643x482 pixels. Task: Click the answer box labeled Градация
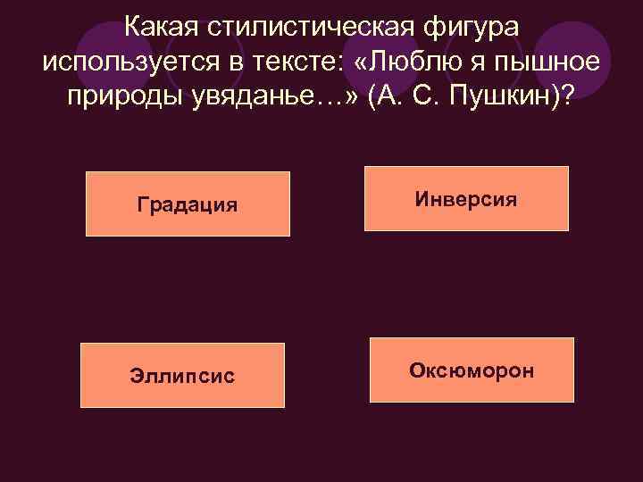[188, 204]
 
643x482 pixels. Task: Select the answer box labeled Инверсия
[465, 198]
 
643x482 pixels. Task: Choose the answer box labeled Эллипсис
[182, 375]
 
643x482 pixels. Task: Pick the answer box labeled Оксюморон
[472, 370]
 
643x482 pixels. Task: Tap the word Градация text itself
[188, 204]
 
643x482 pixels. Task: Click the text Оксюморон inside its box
[472, 370]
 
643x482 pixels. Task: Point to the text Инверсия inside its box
[465, 198]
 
